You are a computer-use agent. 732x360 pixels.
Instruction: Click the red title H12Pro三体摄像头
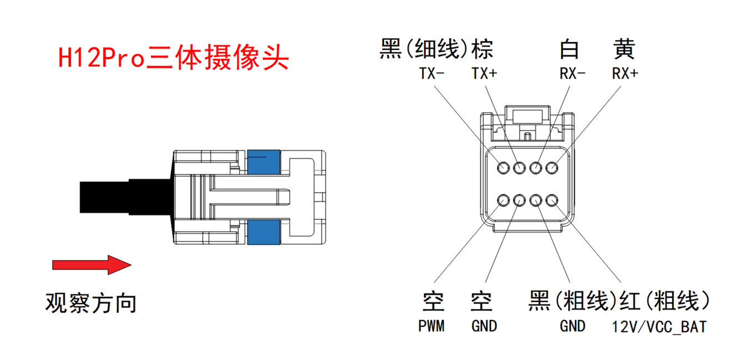[x=174, y=57]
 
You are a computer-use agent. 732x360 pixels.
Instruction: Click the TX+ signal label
[x=484, y=74]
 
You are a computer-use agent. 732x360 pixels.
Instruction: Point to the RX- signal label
[x=573, y=74]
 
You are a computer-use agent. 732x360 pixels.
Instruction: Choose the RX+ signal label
[x=625, y=74]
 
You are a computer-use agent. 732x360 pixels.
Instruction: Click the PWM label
[x=431, y=326]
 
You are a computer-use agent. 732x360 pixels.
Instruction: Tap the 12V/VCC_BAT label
[x=659, y=327]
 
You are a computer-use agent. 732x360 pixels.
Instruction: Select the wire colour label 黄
[x=624, y=49]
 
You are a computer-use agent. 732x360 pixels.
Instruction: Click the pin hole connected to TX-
[x=503, y=167]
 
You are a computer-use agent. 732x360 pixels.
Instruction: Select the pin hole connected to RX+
[x=552, y=167]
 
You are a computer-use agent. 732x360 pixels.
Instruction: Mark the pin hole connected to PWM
[x=503, y=200]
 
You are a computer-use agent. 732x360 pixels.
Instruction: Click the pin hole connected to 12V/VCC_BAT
[x=552, y=200]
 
